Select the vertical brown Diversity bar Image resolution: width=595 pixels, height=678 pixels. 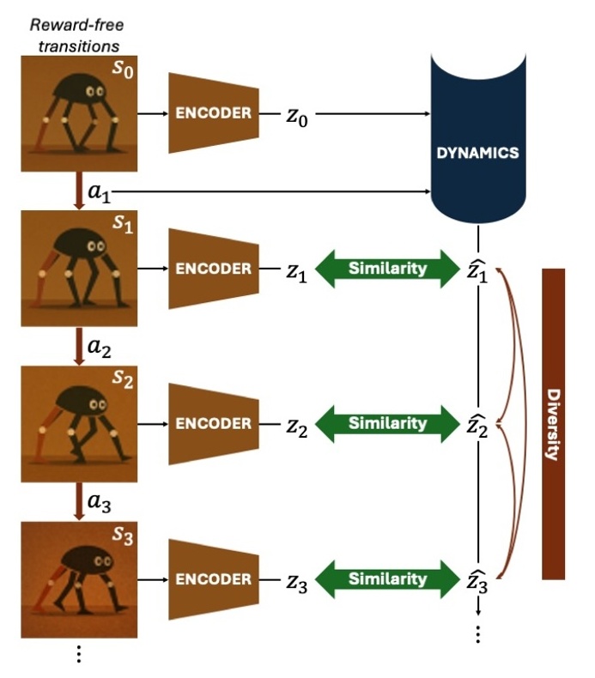pos(553,423)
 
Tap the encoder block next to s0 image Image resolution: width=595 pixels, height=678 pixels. pos(214,113)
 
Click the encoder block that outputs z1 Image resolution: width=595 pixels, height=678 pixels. pos(214,269)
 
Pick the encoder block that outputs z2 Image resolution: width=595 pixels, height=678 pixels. pos(214,423)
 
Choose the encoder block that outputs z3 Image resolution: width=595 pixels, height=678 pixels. pos(214,578)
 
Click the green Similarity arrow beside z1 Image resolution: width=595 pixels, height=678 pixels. pos(387,269)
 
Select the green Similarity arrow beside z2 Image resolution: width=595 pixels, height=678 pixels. pos(387,423)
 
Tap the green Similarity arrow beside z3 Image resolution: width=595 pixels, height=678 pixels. pos(387,578)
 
